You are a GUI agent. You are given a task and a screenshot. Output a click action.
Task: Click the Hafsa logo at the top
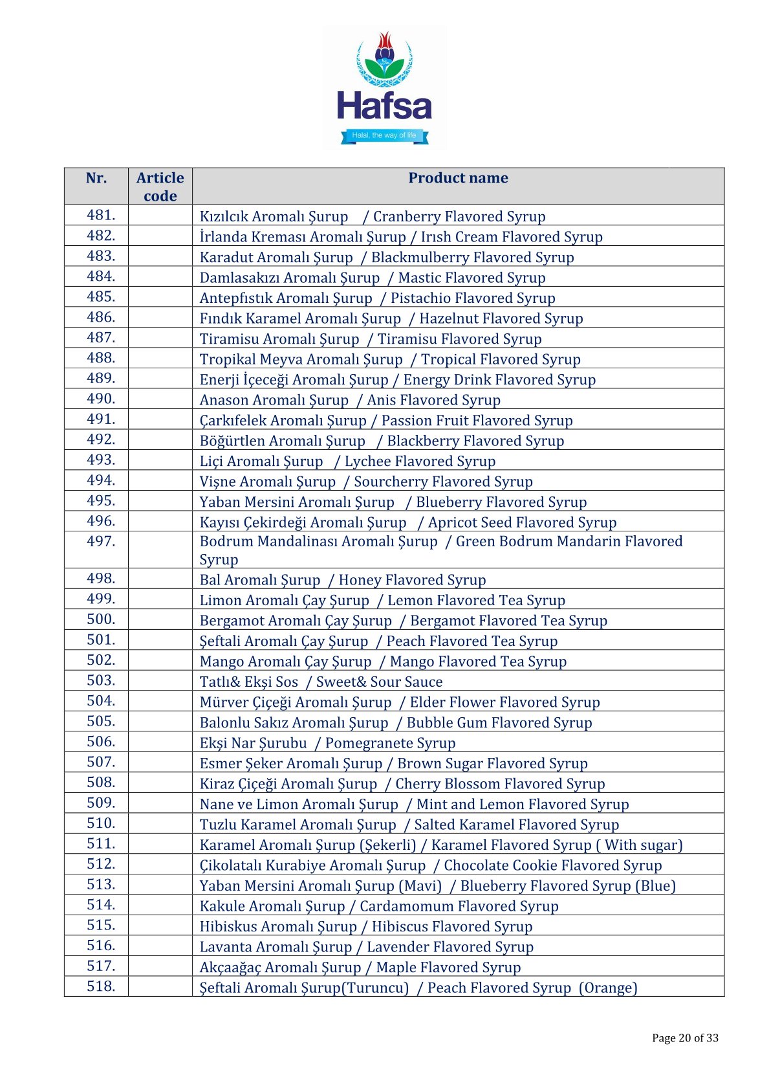(384, 87)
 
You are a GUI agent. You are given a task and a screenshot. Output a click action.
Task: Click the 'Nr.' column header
(96, 178)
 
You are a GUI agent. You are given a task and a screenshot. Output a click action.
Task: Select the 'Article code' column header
(160, 186)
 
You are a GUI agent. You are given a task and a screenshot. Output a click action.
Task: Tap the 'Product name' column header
(458, 178)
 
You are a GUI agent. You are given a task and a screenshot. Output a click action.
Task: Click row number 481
(101, 215)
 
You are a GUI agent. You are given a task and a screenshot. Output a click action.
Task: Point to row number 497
(101, 541)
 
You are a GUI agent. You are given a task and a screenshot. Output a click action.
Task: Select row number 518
(101, 986)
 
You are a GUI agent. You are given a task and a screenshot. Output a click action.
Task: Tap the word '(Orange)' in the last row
(608, 988)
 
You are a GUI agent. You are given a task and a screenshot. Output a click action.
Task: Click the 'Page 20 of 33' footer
(685, 1038)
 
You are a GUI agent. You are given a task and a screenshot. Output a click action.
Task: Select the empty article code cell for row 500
(160, 619)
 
